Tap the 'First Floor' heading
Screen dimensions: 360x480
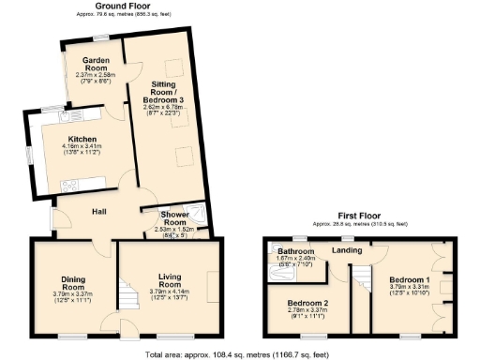pos(359,217)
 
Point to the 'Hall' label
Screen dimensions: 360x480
pos(97,212)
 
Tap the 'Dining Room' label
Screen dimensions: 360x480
pos(74,282)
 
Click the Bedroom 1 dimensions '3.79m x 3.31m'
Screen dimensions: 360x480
pos(410,288)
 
